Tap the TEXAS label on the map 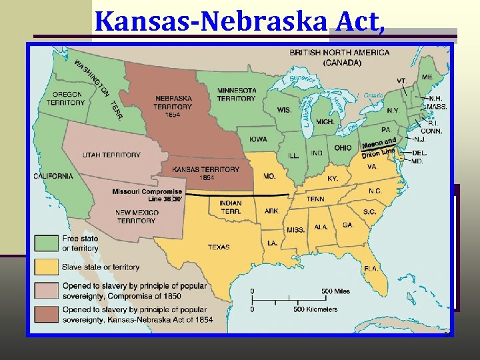pyautogui.click(x=219, y=247)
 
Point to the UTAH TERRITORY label pyautogui.click(x=111, y=155)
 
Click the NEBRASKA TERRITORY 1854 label pyautogui.click(x=172, y=106)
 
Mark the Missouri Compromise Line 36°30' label pyautogui.click(x=147, y=195)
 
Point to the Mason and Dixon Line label pyautogui.click(x=379, y=147)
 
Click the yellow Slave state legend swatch pyautogui.click(x=47, y=267)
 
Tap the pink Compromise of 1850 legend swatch pyautogui.click(x=47, y=290)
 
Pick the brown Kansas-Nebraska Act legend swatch pyautogui.click(x=47, y=314)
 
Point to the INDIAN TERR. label pyautogui.click(x=231, y=207)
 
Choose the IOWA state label pyautogui.click(x=259, y=139)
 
